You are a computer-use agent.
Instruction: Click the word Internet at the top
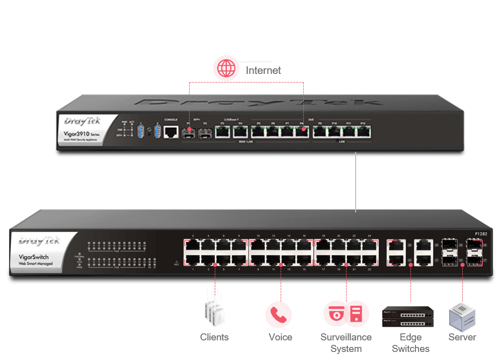click(263, 70)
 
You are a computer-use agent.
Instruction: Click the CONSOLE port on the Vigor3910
click(171, 132)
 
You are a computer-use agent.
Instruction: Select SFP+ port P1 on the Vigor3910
click(189, 133)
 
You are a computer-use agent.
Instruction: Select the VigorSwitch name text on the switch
click(39, 257)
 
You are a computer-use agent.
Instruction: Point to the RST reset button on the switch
click(177, 262)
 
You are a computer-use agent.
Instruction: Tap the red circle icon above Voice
click(278, 314)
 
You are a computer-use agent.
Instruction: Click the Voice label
click(281, 337)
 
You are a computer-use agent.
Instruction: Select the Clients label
click(214, 337)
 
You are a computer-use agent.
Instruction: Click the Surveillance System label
click(347, 342)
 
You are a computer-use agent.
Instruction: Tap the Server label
click(462, 337)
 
